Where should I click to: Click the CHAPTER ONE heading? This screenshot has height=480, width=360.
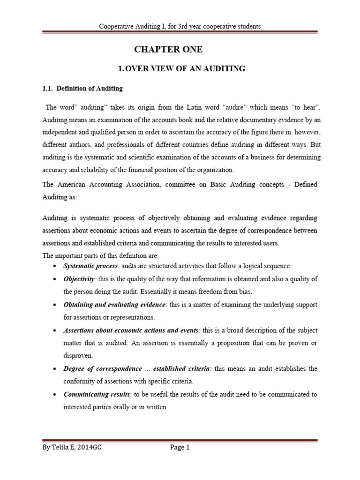pyautogui.click(x=169, y=50)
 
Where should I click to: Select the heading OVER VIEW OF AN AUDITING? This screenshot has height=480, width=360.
pyautogui.click(x=182, y=68)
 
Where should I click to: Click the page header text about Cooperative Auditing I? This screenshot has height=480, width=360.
pyautogui.click(x=180, y=26)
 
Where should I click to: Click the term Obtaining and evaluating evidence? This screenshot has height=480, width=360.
pyautogui.click(x=114, y=304)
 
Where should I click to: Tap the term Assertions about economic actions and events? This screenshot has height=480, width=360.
pyautogui.click(x=131, y=330)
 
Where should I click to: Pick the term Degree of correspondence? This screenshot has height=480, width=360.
pyautogui.click(x=103, y=368)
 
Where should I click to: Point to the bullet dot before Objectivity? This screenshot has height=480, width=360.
pyautogui.click(x=56, y=279)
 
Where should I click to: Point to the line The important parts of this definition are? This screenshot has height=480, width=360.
pyautogui.click(x=101, y=255)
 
